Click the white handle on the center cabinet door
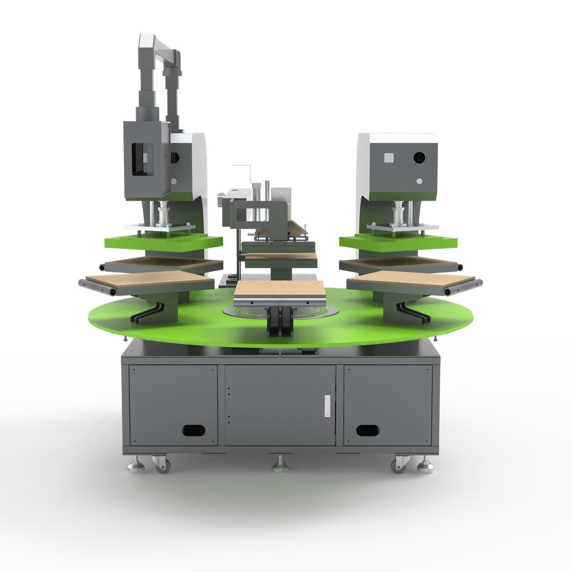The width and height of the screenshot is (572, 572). pos(327,406)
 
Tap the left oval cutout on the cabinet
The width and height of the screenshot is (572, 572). pos(194,430)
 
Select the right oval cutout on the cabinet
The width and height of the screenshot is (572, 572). pos(368,430)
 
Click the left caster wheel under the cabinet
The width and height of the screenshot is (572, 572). pos(161,464)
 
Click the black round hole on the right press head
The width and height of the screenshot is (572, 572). pos(419,156)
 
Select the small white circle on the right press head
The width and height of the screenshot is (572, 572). pos(419,181)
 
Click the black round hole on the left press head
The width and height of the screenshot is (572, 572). pos(174,157)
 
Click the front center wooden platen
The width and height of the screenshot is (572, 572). pos(279,289)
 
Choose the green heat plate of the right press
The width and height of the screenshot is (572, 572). pos(398,242)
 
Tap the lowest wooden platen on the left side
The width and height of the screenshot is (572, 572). pos(148,280)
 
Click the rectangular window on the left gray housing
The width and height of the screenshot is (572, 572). pos(143,157)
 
